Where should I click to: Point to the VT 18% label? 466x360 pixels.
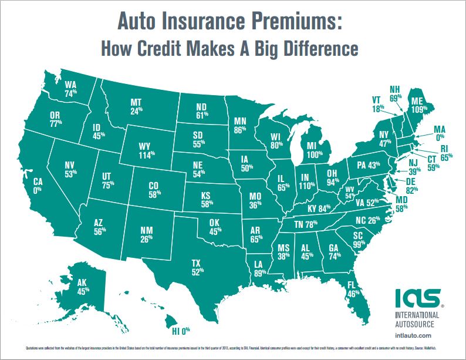click(377, 104)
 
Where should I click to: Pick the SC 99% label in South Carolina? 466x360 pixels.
click(358, 240)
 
